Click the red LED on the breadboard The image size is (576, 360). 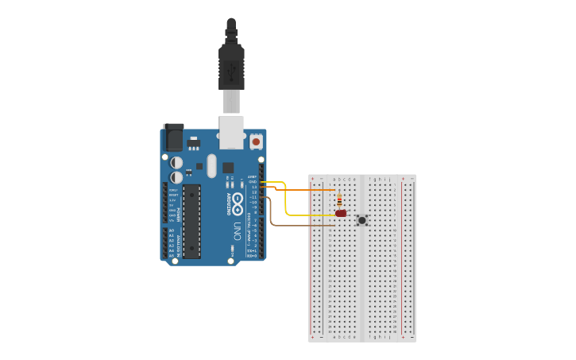[x=341, y=214]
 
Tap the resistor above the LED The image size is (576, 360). [x=340, y=199]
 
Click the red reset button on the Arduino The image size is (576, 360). [x=256, y=141]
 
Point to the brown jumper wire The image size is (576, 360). [x=302, y=226]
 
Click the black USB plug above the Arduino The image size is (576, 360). [x=231, y=64]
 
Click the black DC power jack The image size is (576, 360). [x=173, y=137]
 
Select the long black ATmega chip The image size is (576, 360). [x=192, y=221]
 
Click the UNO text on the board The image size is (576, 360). [x=237, y=231]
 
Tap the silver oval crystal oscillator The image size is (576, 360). [x=211, y=165]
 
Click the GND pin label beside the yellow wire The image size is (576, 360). [x=253, y=182]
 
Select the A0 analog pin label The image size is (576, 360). [x=172, y=230]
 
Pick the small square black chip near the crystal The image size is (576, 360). [x=228, y=168]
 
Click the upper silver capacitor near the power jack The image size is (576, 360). [x=176, y=162]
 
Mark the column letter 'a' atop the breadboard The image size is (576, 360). [x=334, y=180]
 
